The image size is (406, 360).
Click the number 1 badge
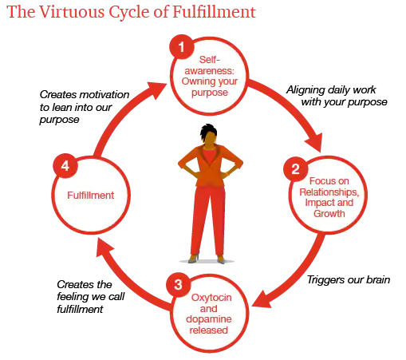point(182,47)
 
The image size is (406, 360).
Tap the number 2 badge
point(296,168)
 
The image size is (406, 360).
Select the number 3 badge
point(178,284)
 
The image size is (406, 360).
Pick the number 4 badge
point(65,166)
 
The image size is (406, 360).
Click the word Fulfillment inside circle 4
point(91,196)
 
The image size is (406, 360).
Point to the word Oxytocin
point(211,298)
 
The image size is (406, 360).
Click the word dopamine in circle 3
point(209,319)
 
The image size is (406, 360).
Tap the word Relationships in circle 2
point(329,192)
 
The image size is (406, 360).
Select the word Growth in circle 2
point(329,214)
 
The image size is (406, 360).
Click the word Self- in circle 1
point(210,60)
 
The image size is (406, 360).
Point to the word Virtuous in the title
point(72,12)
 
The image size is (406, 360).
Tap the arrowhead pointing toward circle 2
point(314,141)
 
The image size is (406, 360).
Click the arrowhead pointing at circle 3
point(262,299)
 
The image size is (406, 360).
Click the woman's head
point(209,134)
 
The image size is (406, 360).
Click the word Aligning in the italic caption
point(302,90)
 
